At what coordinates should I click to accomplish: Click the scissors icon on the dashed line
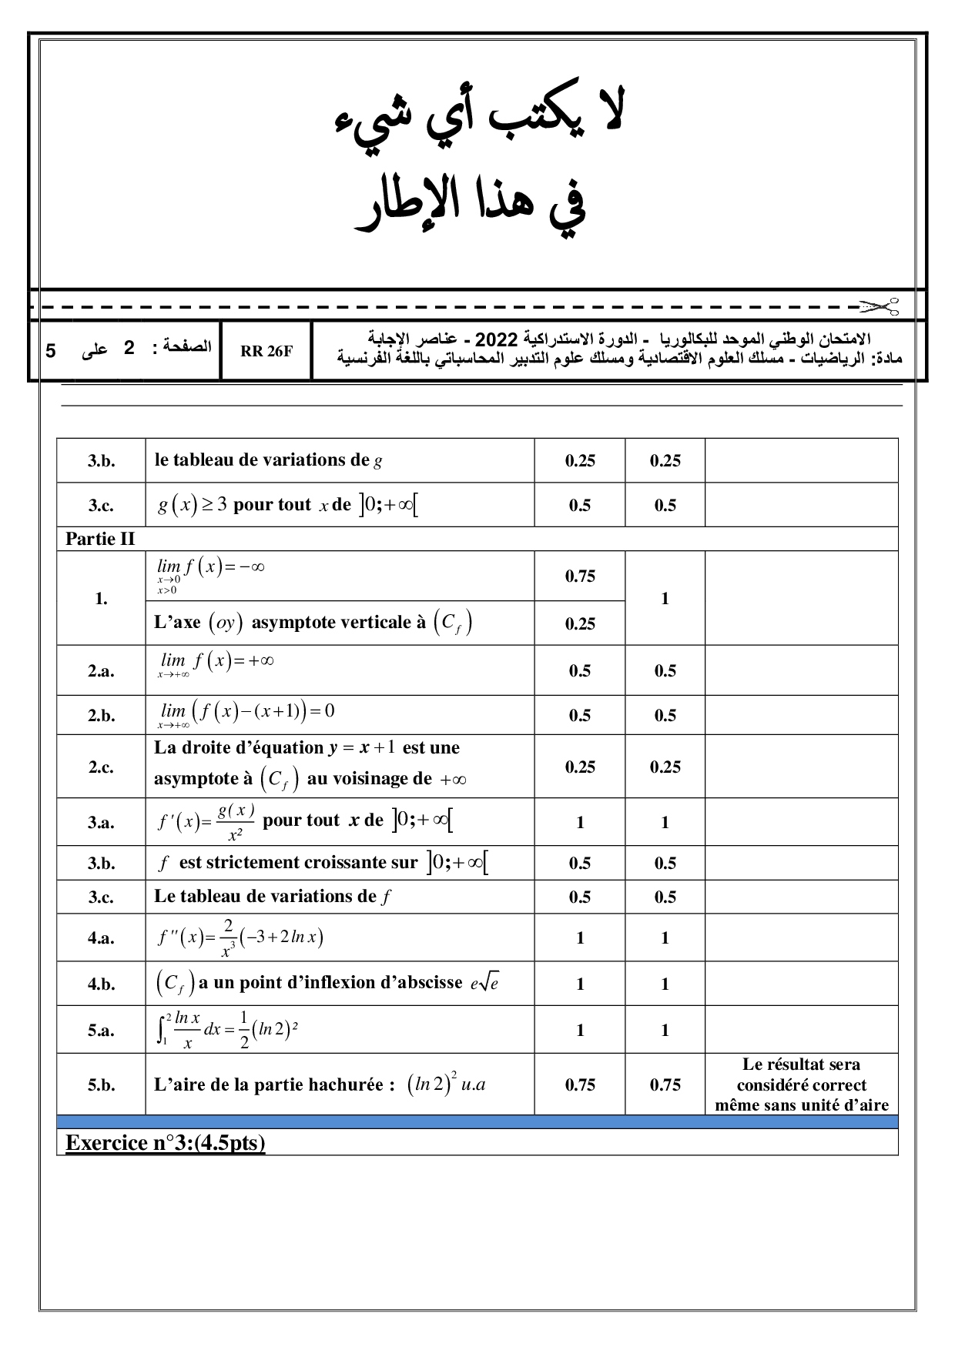pyautogui.click(x=880, y=306)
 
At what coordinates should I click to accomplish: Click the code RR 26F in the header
pyautogui.click(x=266, y=351)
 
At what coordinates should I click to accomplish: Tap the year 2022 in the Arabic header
pyautogui.click(x=496, y=339)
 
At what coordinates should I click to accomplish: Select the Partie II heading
pyautogui.click(x=100, y=539)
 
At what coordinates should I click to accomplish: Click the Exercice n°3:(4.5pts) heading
pyautogui.click(x=166, y=1142)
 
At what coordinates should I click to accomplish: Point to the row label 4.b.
pyautogui.click(x=101, y=984)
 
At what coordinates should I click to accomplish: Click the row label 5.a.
pyautogui.click(x=101, y=1030)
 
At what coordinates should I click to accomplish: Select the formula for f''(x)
pyautogui.click(x=240, y=937)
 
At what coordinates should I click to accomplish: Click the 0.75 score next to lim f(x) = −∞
pyautogui.click(x=580, y=576)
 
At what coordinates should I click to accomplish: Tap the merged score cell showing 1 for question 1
pyautogui.click(x=665, y=598)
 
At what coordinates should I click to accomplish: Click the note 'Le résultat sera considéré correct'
pyautogui.click(x=801, y=1074)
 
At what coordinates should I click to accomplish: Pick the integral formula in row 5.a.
pyautogui.click(x=227, y=1030)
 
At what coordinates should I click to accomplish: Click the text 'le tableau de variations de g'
pyautogui.click(x=268, y=460)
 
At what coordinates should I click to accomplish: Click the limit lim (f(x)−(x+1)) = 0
pyautogui.click(x=246, y=713)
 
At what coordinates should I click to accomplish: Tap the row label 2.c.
pyautogui.click(x=101, y=767)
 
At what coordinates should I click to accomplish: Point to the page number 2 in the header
pyautogui.click(x=129, y=348)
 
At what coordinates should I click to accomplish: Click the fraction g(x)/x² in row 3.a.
pyautogui.click(x=236, y=822)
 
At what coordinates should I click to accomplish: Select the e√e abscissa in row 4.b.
pyautogui.click(x=484, y=984)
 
